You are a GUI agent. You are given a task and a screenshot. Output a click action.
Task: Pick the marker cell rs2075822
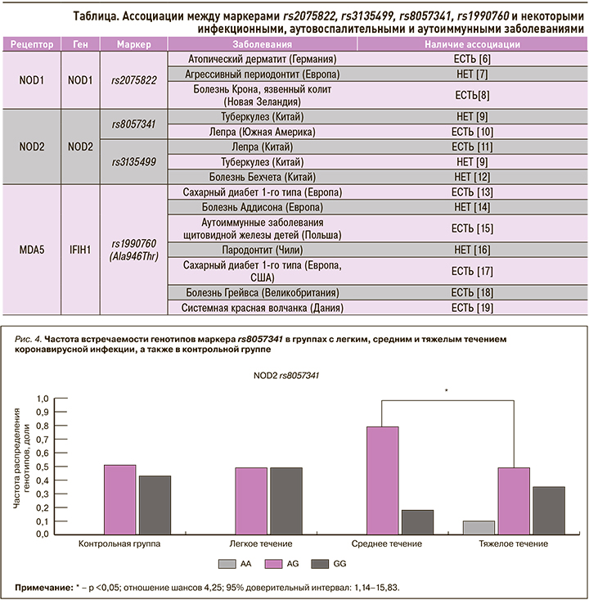point(132,80)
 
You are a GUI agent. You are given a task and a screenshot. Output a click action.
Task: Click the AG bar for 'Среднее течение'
point(383,480)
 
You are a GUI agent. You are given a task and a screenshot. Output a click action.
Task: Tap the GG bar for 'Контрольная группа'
point(155,504)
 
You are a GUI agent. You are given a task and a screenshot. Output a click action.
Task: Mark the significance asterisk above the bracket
point(447,390)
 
